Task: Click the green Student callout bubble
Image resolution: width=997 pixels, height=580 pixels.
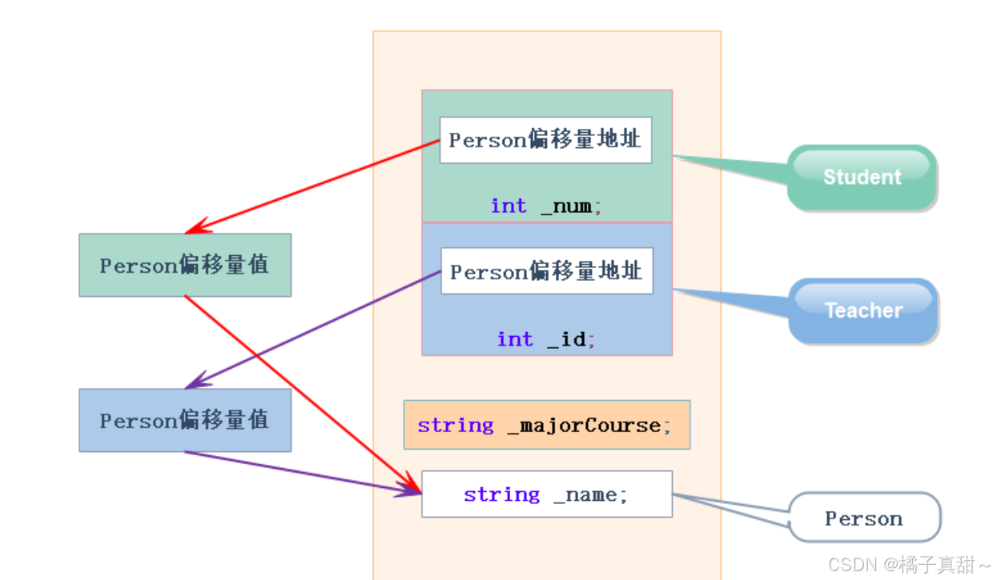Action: click(862, 177)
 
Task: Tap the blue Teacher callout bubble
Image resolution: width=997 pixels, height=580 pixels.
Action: click(863, 310)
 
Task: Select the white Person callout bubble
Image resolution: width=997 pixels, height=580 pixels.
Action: click(864, 518)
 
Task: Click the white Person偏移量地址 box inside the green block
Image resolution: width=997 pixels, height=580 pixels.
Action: click(545, 140)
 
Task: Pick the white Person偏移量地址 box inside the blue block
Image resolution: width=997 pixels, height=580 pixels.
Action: click(546, 271)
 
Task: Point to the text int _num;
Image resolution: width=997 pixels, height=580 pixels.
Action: click(546, 206)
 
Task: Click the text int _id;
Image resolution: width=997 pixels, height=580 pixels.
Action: click(546, 339)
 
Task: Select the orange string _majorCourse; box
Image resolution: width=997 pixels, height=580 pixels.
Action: click(546, 425)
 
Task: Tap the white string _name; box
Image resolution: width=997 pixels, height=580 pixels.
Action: click(546, 494)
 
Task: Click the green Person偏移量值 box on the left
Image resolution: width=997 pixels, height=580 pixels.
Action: click(185, 265)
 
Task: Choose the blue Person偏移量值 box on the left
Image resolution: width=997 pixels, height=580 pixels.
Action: click(185, 420)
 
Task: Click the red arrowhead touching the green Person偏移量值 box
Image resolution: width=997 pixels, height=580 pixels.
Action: click(195, 227)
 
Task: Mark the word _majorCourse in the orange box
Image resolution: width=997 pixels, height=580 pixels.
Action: click(584, 425)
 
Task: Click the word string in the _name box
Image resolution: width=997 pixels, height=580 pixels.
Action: click(501, 494)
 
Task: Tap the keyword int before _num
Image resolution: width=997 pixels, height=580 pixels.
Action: click(509, 206)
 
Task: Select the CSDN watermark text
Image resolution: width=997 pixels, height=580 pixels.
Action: click(910, 564)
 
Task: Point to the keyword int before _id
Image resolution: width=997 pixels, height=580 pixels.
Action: click(515, 339)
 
